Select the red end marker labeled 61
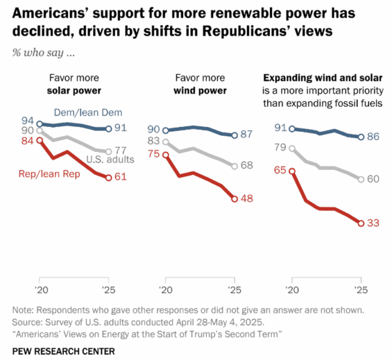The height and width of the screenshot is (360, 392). [x=109, y=178]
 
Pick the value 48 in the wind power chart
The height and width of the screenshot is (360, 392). [x=248, y=199]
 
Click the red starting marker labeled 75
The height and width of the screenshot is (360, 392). [x=166, y=154]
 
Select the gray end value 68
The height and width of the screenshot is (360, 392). [x=248, y=166]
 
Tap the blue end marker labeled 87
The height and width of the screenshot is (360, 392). [x=234, y=135]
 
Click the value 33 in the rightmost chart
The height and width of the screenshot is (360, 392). [x=374, y=223]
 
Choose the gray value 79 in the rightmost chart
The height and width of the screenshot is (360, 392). [x=279, y=147]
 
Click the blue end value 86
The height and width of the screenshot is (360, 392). [x=374, y=137]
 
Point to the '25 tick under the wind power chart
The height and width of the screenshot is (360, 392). [x=234, y=290]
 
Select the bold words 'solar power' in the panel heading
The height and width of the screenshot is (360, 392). [x=74, y=91]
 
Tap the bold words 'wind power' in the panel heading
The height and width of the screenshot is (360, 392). [x=199, y=91]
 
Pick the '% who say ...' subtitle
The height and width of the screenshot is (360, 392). [x=44, y=52]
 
